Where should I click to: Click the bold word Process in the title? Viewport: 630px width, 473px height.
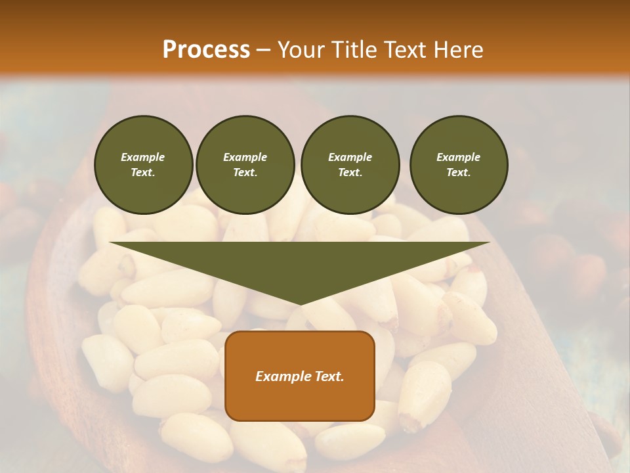click(206, 49)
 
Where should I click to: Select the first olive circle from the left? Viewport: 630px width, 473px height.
click(144, 165)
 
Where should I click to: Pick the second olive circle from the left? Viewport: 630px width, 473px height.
click(245, 165)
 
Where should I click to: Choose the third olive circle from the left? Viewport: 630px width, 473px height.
click(350, 165)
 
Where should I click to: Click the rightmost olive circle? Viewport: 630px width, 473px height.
click(459, 165)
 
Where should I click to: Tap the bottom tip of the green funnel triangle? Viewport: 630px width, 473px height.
click(300, 304)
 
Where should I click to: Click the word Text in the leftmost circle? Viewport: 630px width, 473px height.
click(142, 173)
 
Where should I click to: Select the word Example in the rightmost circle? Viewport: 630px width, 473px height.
click(459, 157)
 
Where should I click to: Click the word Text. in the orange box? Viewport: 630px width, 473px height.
click(328, 376)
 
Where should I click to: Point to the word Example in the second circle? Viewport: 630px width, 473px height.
click(245, 157)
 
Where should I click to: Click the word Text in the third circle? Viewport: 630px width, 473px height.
click(350, 173)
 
